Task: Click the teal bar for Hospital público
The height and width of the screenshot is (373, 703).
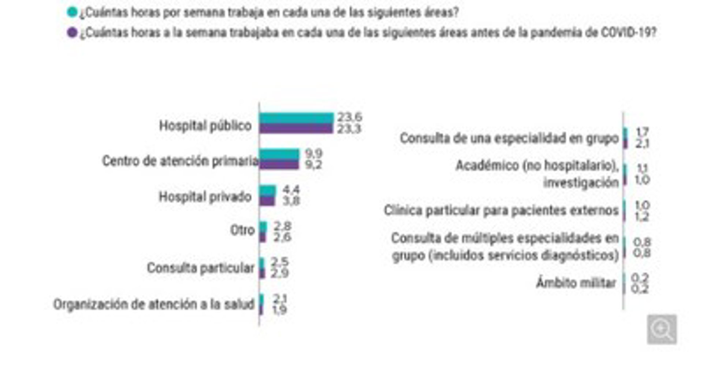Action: (x=296, y=118)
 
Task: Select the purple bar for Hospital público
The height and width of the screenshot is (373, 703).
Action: (x=296, y=128)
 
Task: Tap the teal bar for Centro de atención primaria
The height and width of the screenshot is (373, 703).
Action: (x=279, y=154)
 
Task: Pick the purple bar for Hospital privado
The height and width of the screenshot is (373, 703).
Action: (x=267, y=201)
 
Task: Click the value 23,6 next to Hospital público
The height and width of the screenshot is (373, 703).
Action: (x=349, y=117)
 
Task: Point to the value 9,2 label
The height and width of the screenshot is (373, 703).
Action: (x=313, y=165)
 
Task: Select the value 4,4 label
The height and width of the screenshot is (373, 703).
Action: (x=291, y=189)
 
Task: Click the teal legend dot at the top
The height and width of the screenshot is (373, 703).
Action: (x=72, y=12)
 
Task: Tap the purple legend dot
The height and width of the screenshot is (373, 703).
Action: (x=72, y=33)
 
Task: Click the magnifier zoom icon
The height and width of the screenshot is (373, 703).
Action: (x=662, y=329)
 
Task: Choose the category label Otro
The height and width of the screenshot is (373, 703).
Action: (x=242, y=230)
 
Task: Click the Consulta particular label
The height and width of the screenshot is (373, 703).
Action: (x=200, y=268)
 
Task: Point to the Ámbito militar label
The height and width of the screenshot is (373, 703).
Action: (x=576, y=283)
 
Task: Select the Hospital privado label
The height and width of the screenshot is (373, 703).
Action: (x=205, y=197)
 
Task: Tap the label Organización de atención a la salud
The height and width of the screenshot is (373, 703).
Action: (x=153, y=304)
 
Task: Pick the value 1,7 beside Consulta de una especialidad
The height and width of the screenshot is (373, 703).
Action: (x=642, y=132)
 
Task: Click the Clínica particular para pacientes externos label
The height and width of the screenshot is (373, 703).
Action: (x=501, y=210)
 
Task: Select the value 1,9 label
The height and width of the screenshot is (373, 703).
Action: (x=279, y=310)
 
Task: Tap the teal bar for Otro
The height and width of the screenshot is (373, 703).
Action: (x=263, y=227)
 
